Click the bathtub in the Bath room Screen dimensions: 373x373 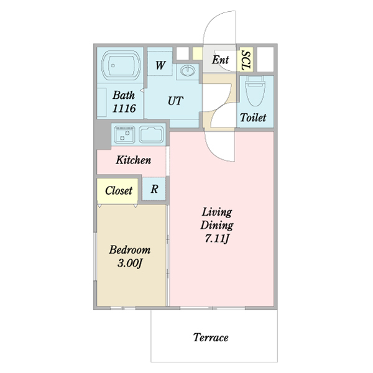click(121, 65)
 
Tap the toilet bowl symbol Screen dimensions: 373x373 click(256, 91)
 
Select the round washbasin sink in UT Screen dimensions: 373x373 click(188, 70)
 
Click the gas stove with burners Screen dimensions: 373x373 click(124, 135)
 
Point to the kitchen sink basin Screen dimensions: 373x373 click(152, 135)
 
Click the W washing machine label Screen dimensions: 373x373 click(160, 65)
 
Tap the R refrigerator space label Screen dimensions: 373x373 click(154, 189)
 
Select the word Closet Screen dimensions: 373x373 click(119, 191)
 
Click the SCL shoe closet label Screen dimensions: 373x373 click(246, 60)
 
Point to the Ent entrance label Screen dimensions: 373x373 click(220, 60)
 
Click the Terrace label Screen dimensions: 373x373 click(211, 338)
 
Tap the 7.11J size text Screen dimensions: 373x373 click(217, 239)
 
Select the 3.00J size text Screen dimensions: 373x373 click(130, 263)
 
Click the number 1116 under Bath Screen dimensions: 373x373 click(124, 108)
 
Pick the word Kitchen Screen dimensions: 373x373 click(134, 160)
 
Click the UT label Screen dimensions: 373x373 click(175, 101)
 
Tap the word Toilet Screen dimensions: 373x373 click(253, 117)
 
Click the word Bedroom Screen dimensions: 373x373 click(130, 250)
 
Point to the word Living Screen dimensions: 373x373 click(217, 212)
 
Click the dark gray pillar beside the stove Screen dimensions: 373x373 click(104, 134)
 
